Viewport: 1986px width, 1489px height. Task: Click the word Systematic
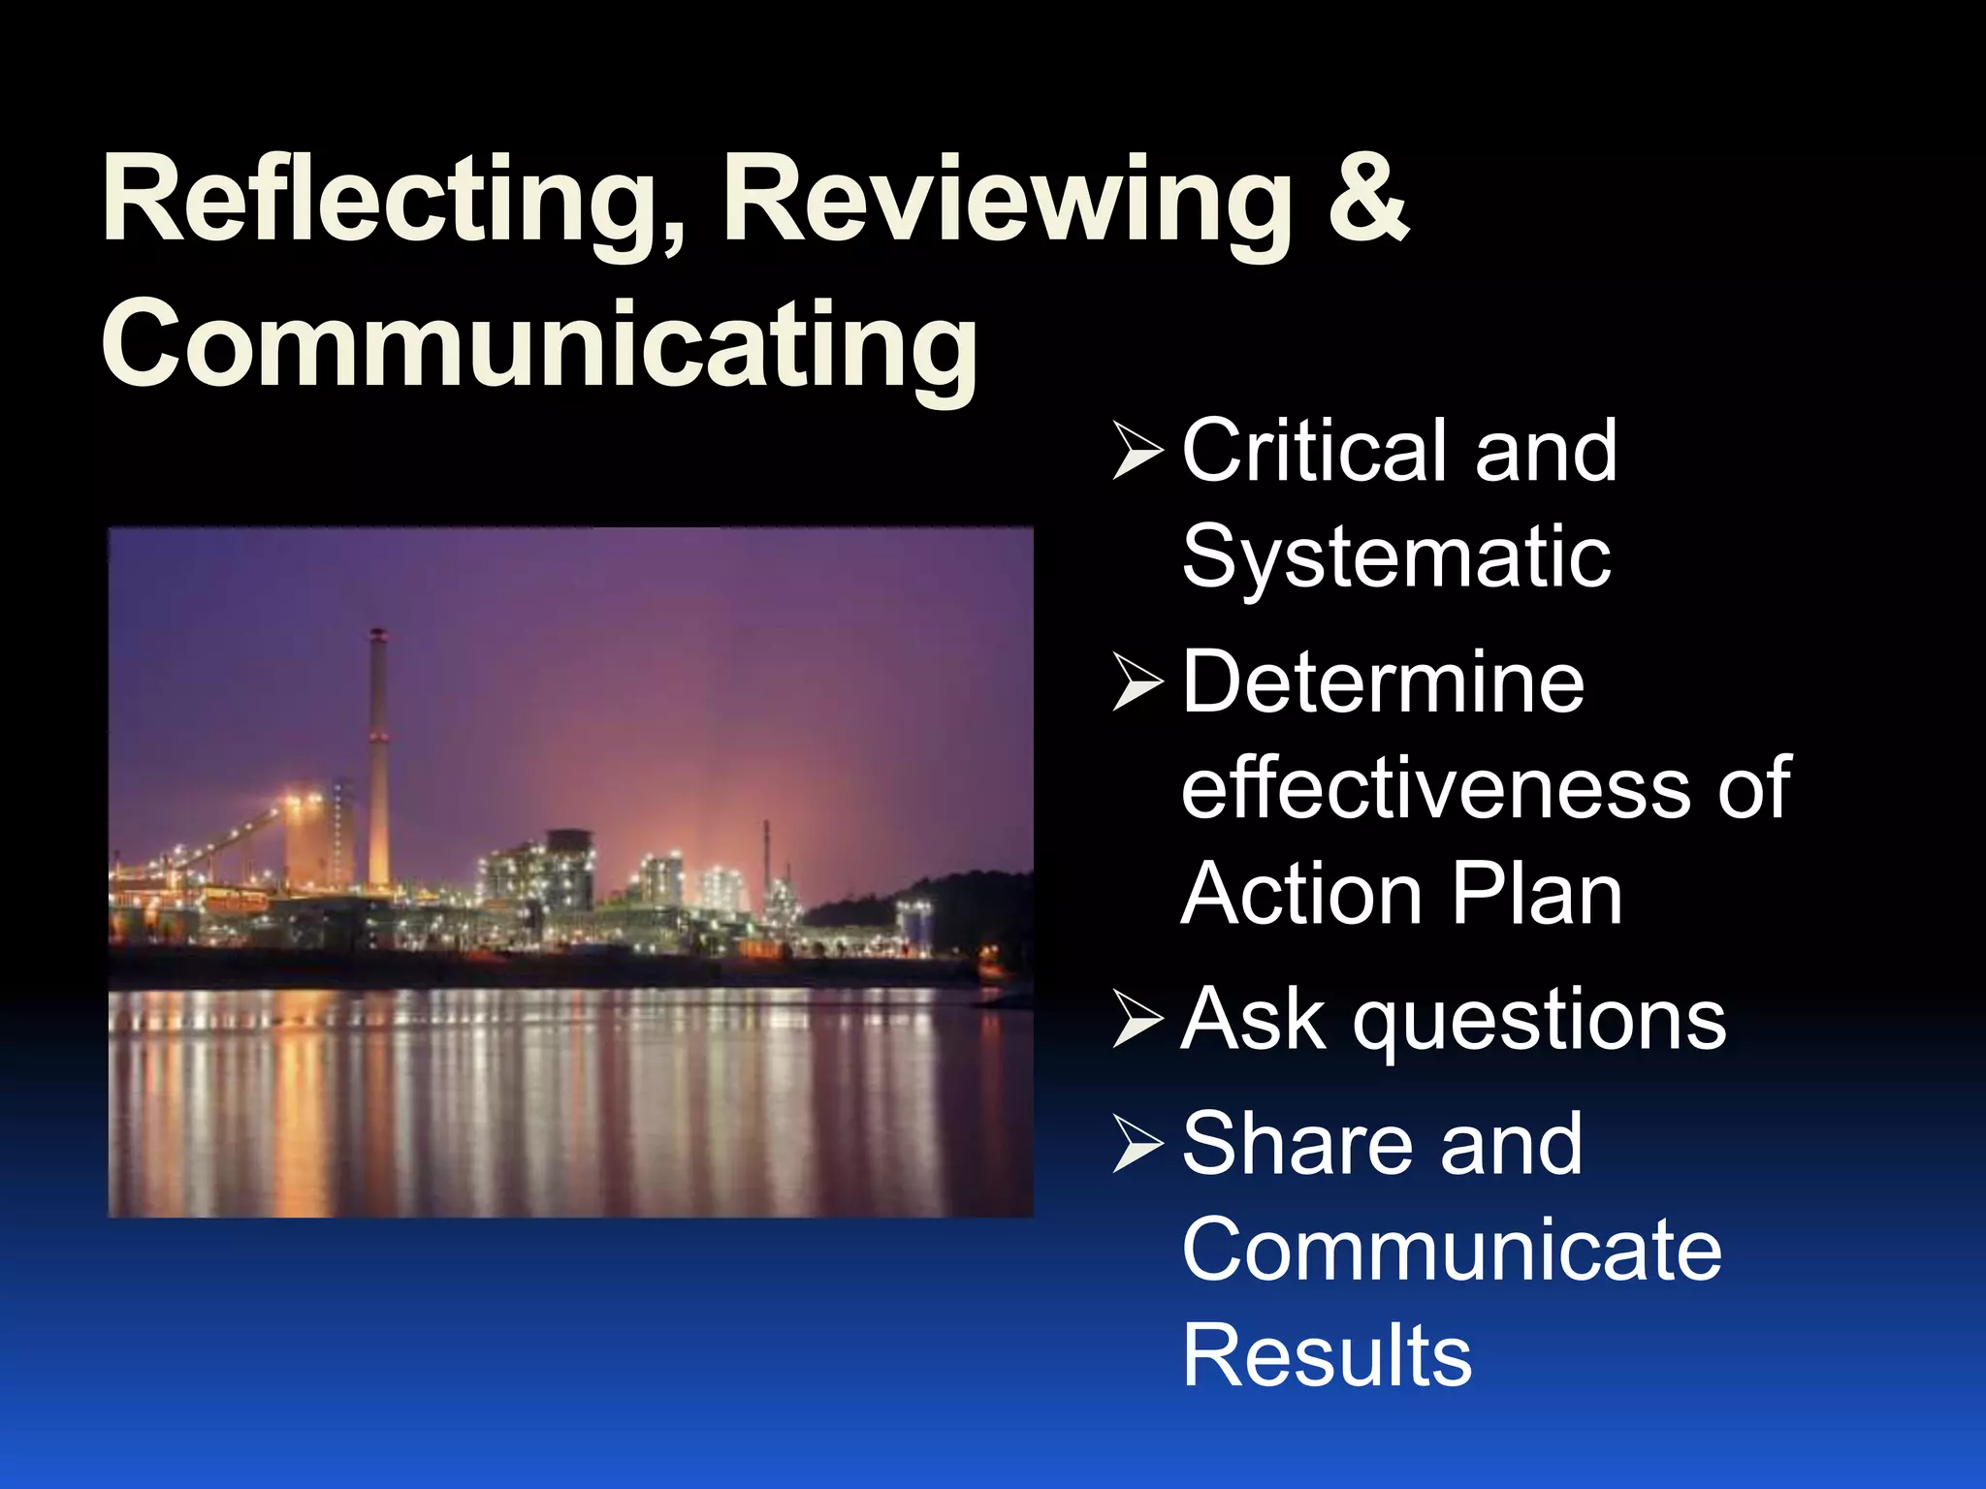click(1396, 557)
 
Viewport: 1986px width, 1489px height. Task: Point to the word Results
click(1327, 1355)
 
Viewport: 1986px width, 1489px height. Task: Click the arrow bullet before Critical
click(1137, 451)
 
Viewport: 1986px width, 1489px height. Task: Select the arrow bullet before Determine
click(1137, 682)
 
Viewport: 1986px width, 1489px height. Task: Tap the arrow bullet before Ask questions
click(1137, 1020)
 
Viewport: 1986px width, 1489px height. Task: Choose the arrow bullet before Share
click(1137, 1145)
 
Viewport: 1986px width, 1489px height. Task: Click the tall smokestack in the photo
click(377, 756)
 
